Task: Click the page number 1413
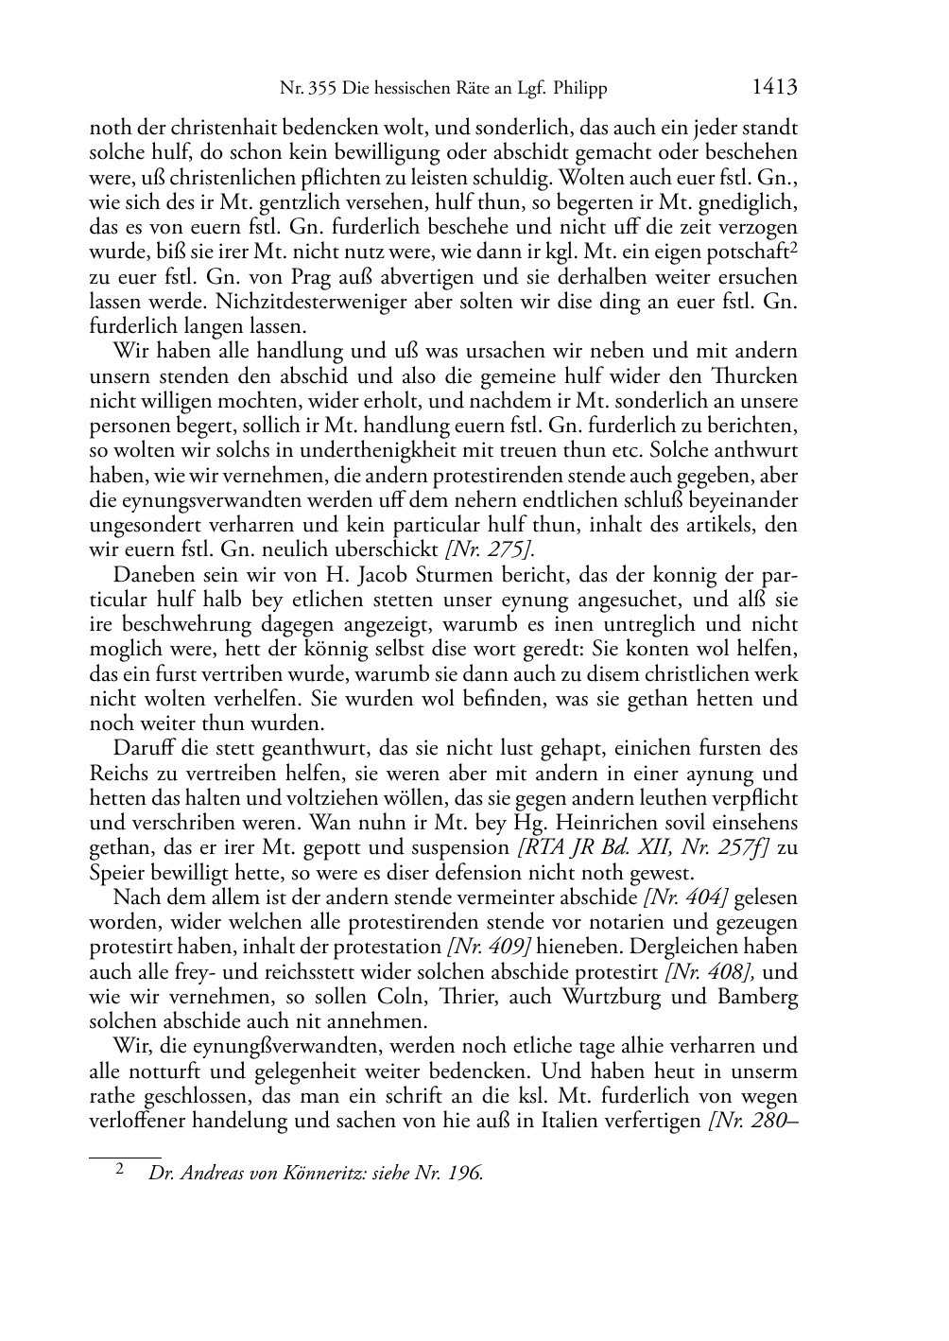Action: tap(775, 88)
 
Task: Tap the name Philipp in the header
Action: tap(577, 89)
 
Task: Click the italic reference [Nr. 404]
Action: tap(684, 897)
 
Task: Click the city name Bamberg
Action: tap(744, 997)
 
